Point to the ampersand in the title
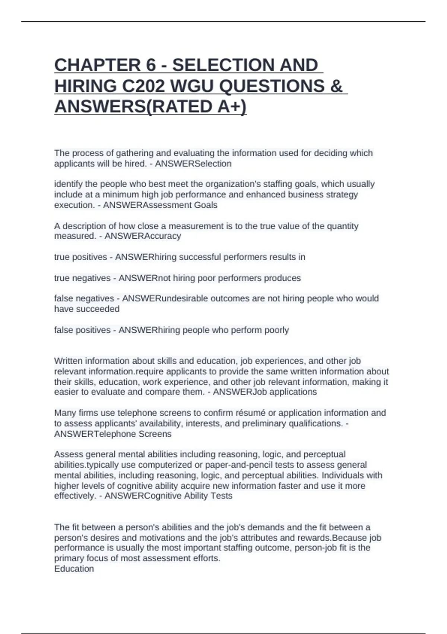(336, 86)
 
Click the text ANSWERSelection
(193, 164)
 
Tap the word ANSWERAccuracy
(143, 236)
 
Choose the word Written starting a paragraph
(68, 361)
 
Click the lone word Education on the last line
(74, 569)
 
